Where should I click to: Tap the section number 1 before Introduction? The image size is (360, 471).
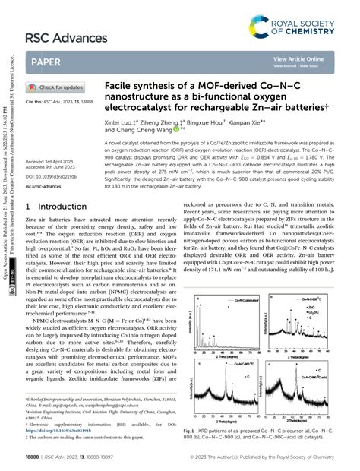(28, 206)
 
